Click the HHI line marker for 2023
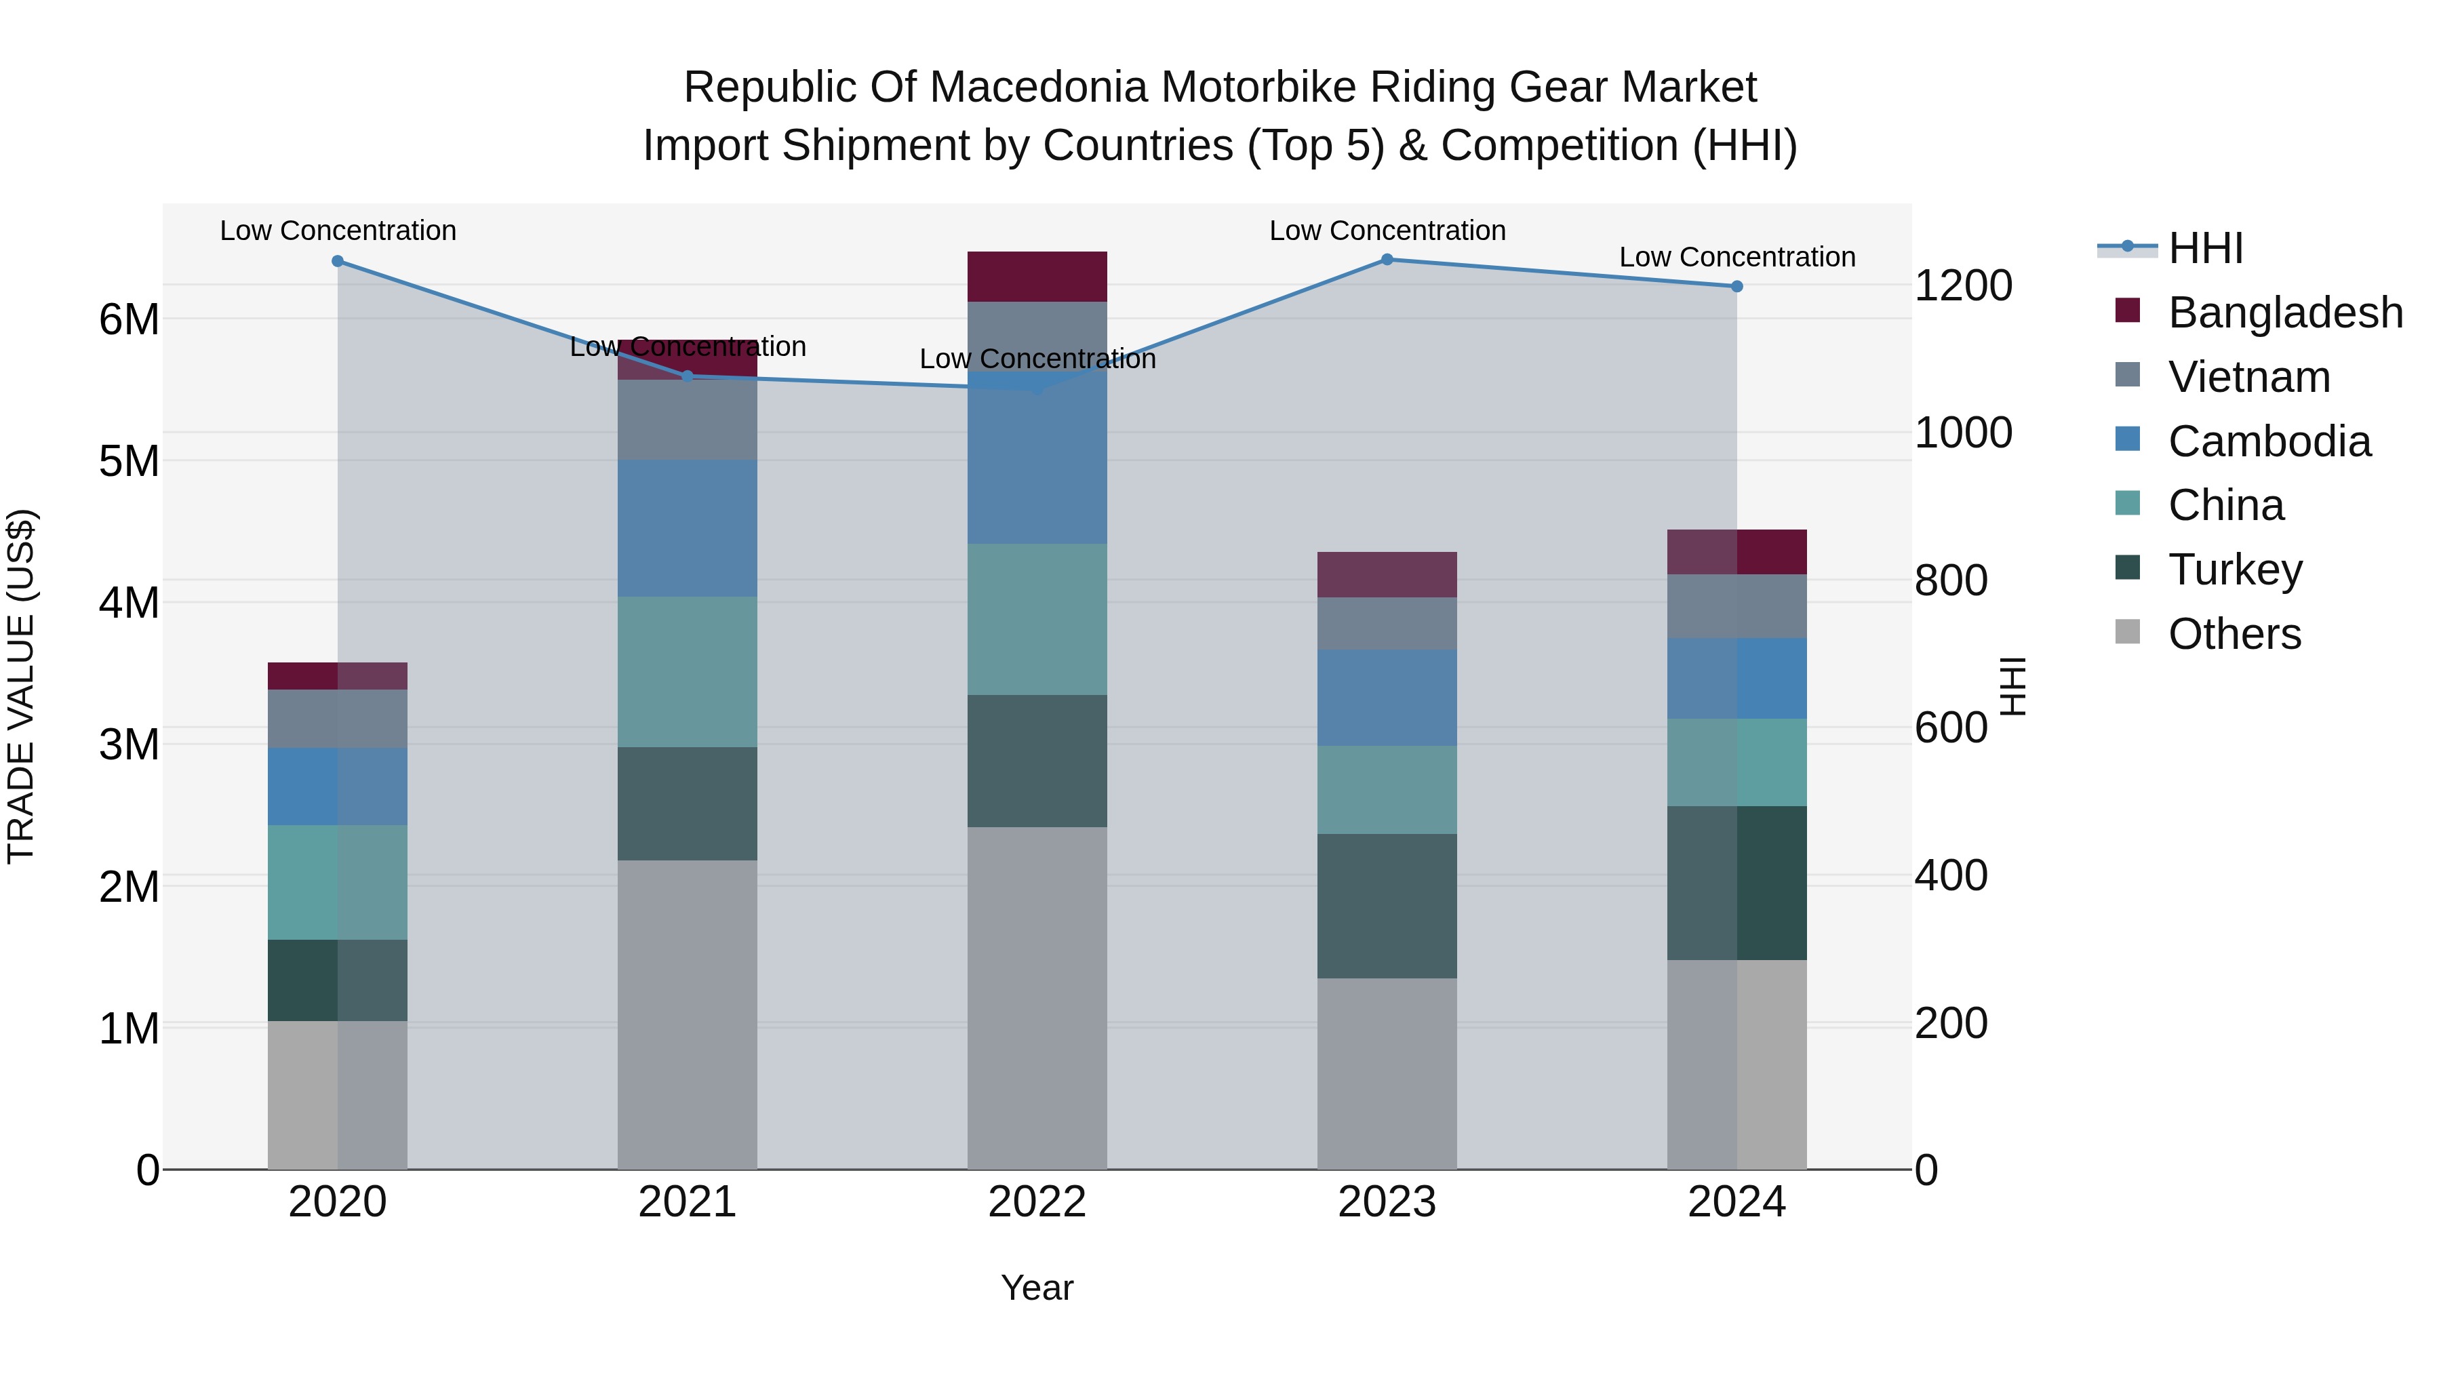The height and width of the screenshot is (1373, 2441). (x=1387, y=260)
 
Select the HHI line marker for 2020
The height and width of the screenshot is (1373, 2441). (x=338, y=262)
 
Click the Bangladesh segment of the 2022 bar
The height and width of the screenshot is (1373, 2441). (x=1037, y=277)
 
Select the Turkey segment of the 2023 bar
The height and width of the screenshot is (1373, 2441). (x=1387, y=906)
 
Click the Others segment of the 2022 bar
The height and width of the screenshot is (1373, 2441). (x=1037, y=998)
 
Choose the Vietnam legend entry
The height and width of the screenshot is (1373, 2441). (x=2248, y=377)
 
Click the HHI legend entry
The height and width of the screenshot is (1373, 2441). (x=2204, y=248)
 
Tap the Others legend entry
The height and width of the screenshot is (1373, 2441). (x=2234, y=634)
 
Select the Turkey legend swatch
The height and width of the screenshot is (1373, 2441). (x=2127, y=569)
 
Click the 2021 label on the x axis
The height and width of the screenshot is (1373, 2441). (x=687, y=1202)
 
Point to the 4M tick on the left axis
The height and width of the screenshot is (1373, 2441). (x=129, y=603)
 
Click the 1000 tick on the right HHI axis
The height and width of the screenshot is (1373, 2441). (x=1962, y=433)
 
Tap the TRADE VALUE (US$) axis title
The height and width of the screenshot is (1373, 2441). (x=23, y=686)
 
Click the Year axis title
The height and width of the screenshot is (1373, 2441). (x=1037, y=1288)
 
